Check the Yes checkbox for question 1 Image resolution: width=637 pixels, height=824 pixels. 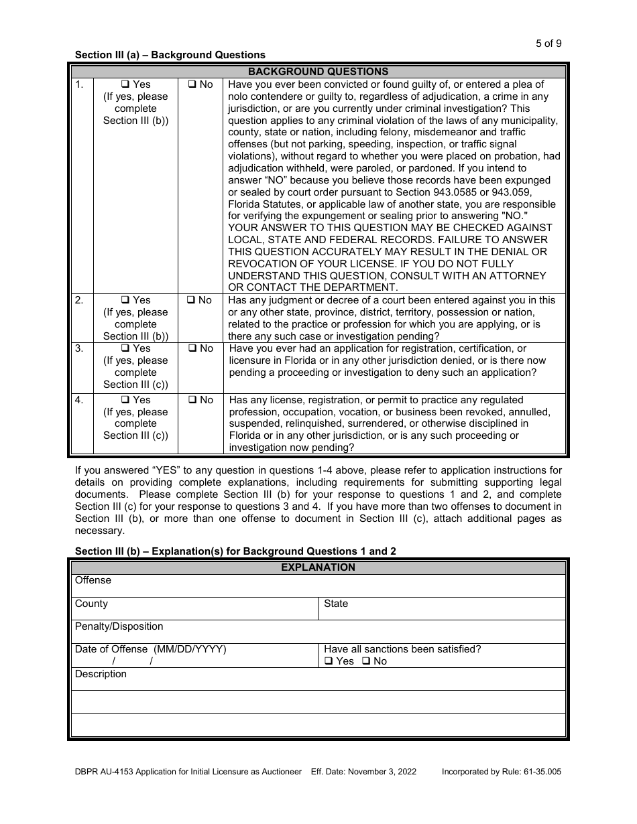click(x=125, y=85)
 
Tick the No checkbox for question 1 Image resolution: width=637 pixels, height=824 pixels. click(x=192, y=85)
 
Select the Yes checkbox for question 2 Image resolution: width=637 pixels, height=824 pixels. click(x=125, y=301)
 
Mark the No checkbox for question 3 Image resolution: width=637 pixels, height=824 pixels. click(x=192, y=349)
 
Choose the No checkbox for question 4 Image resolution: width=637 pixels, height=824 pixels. click(x=192, y=401)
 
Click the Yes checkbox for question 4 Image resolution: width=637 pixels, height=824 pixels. click(x=125, y=401)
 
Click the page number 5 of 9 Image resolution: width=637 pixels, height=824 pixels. click(x=548, y=44)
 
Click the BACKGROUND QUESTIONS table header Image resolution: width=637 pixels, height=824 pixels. click(x=318, y=72)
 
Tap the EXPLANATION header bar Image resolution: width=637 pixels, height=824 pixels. click(x=318, y=567)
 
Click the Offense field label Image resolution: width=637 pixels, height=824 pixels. click(x=93, y=580)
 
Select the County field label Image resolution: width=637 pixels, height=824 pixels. click(x=91, y=604)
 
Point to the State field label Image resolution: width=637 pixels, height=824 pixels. click(x=336, y=604)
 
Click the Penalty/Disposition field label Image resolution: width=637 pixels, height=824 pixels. click(x=119, y=626)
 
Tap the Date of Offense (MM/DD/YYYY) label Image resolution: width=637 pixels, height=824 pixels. click(x=150, y=649)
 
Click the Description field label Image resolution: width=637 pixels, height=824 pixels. click(x=101, y=674)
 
